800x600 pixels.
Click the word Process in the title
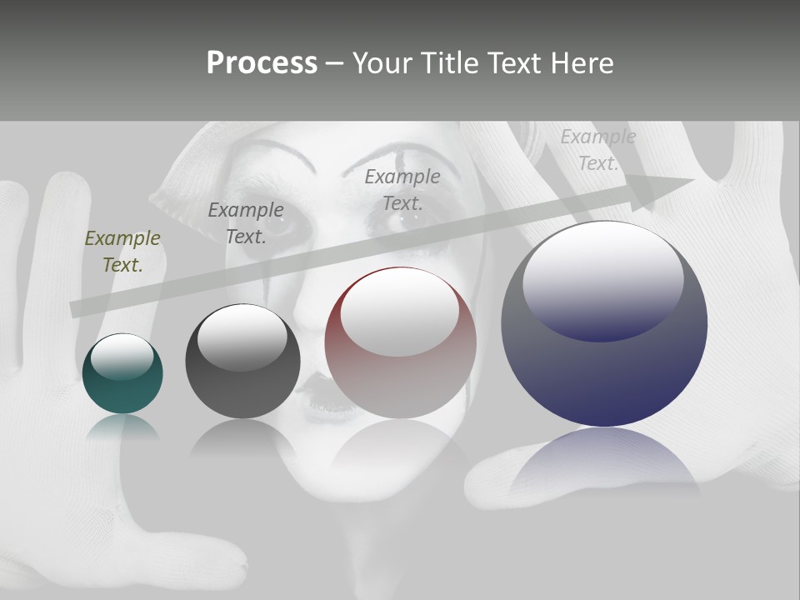(262, 63)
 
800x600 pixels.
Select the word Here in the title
(582, 63)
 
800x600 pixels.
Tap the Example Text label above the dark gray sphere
(246, 223)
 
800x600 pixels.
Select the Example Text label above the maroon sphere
(402, 189)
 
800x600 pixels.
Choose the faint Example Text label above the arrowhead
(597, 150)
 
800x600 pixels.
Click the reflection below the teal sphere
(122, 427)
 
